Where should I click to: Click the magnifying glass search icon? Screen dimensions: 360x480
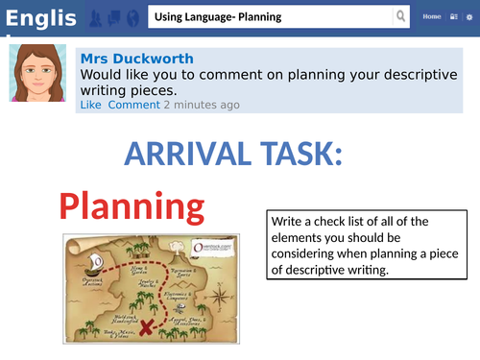400,17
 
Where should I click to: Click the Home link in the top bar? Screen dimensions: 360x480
432,17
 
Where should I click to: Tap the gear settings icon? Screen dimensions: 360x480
469,17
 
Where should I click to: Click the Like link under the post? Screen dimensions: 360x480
90,105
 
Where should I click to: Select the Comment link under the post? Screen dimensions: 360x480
133,105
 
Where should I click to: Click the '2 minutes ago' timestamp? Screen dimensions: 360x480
202,105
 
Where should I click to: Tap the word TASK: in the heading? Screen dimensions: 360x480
302,155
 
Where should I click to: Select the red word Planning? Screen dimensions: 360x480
132,206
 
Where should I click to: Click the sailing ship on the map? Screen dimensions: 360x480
94,262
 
